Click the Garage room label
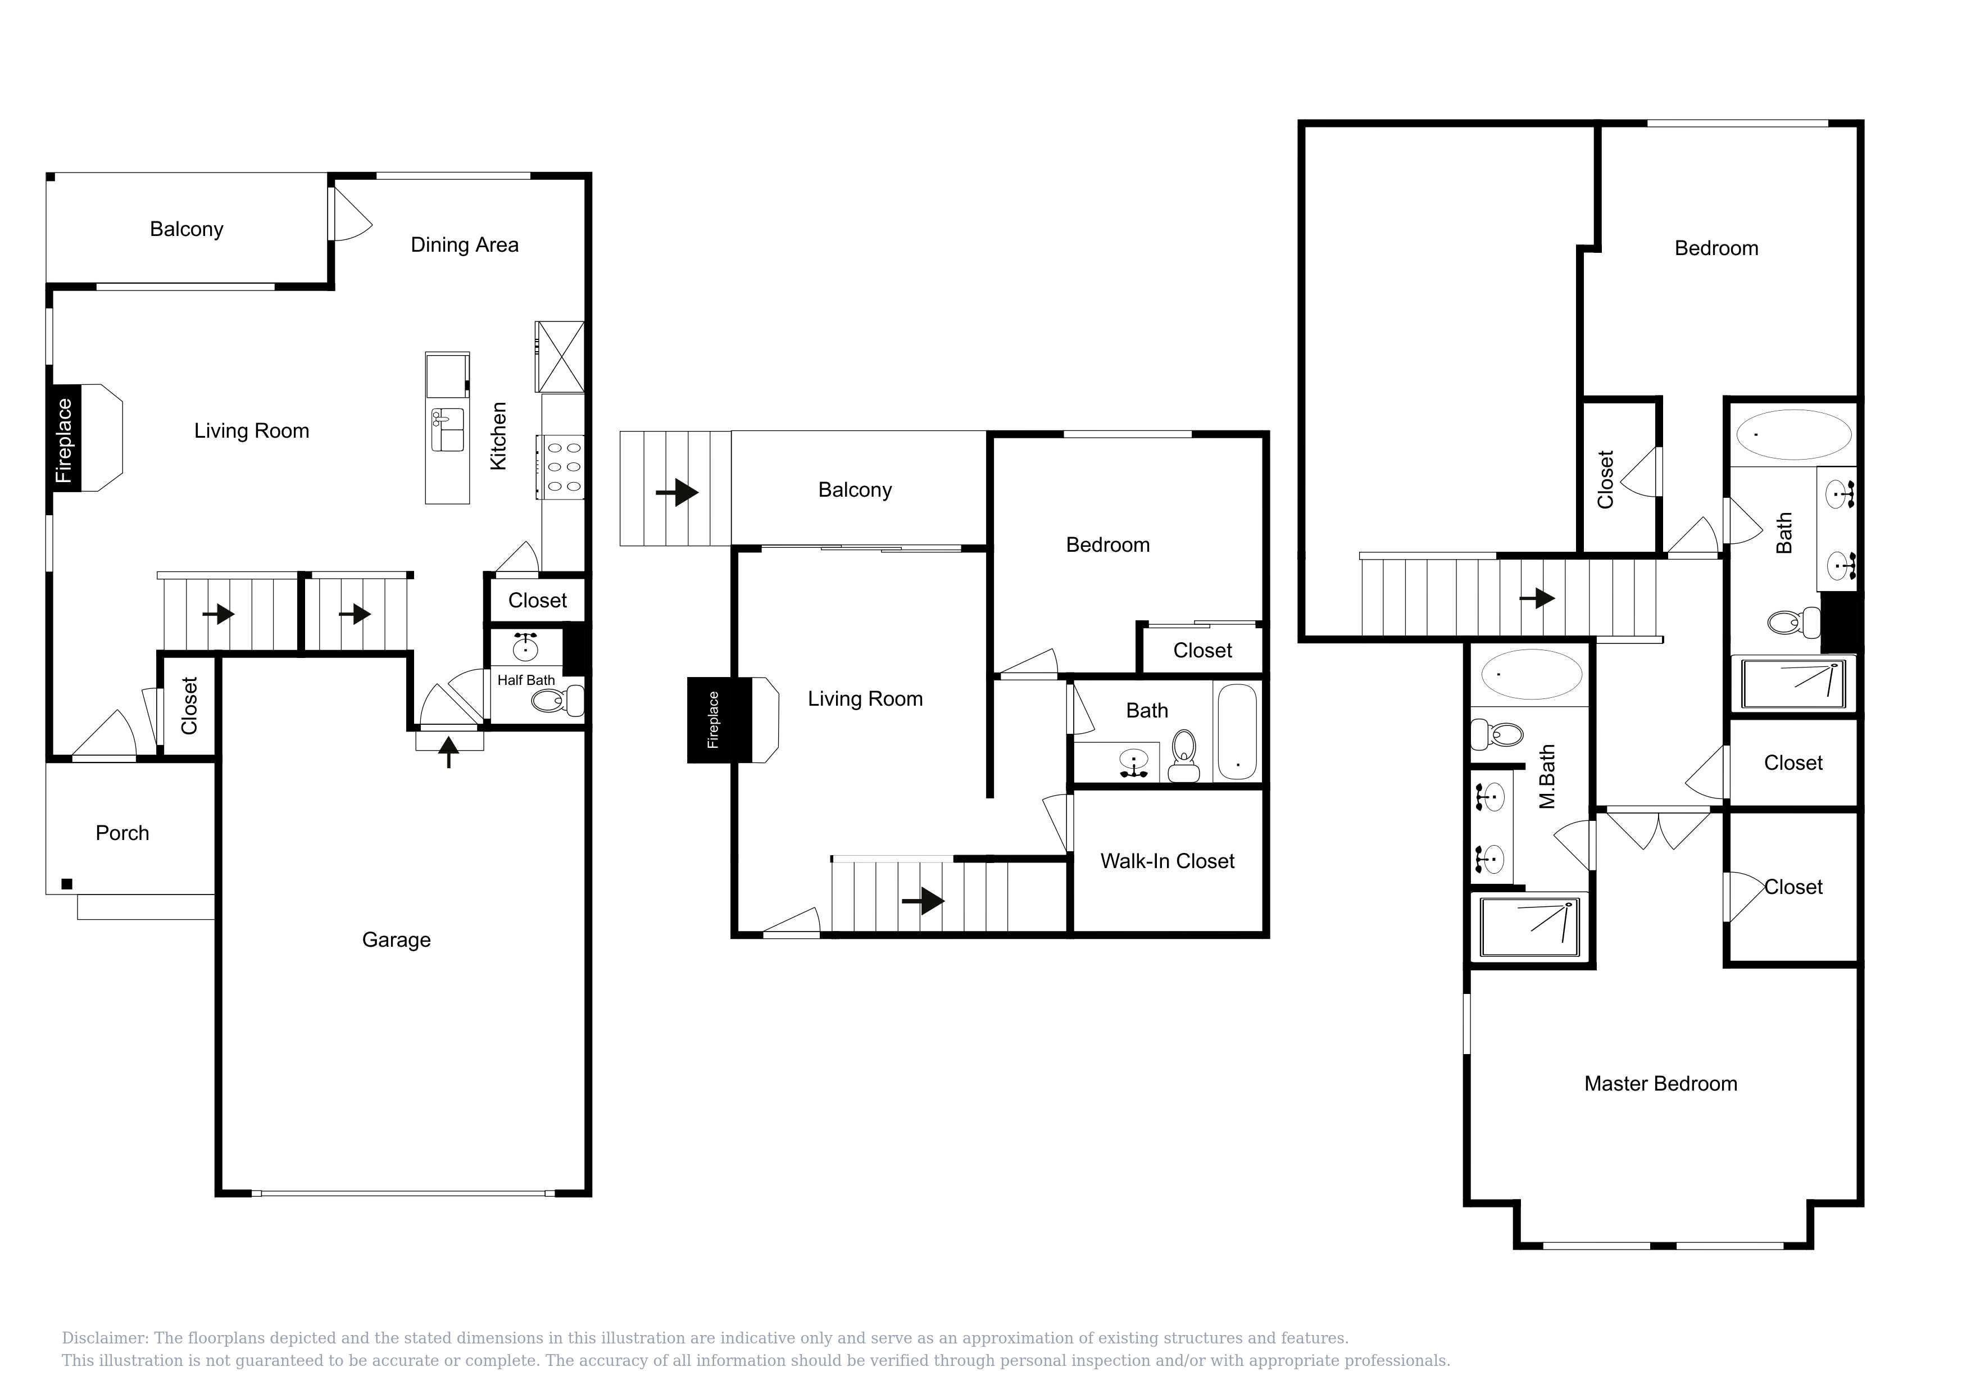[x=396, y=940]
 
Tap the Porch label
[x=122, y=833]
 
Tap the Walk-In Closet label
[x=1168, y=861]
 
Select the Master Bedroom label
[x=1660, y=1083]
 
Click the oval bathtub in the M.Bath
[x=1532, y=674]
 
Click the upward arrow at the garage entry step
[x=448, y=751]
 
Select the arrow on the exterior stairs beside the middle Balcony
[x=677, y=492]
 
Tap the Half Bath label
[x=526, y=680]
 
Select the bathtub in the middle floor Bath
[x=1237, y=732]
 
